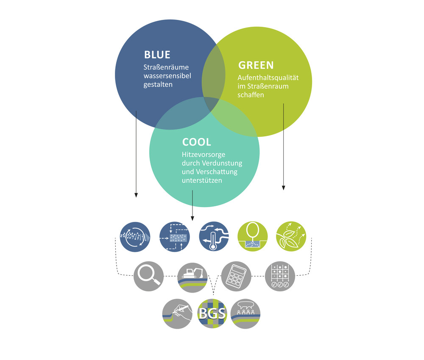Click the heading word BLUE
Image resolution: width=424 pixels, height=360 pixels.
click(157, 55)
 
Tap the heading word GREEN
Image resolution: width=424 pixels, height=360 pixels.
click(256, 65)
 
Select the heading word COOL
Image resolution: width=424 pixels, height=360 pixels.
click(197, 142)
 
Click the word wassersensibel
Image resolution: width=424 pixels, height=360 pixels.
click(167, 76)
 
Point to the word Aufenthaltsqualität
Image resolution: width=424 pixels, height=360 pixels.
click(268, 78)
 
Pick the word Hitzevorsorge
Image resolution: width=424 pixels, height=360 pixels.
click(204, 155)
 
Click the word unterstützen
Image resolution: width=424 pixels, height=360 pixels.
click(202, 180)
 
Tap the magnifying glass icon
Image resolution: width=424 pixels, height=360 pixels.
click(149, 276)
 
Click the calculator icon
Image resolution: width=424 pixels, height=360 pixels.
click(236, 276)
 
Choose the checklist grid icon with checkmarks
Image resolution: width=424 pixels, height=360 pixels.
click(280, 276)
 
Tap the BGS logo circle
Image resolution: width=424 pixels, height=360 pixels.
click(212, 313)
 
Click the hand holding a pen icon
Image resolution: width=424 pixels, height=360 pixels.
click(177, 313)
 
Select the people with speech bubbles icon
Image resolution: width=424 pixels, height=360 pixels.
click(245, 313)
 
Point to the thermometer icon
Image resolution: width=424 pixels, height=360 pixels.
click(214, 237)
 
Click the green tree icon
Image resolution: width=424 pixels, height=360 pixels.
click(253, 237)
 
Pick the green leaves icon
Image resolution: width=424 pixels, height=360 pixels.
click(291, 237)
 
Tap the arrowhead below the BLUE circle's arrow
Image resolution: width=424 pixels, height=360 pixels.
click(136, 195)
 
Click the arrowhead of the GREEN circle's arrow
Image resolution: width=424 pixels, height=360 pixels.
click(283, 188)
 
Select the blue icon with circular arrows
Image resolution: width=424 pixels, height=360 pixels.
click(135, 237)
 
